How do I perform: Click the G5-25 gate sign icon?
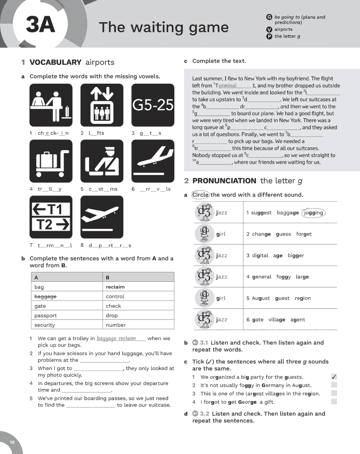pyautogui.click(x=153, y=105)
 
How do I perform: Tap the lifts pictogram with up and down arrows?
pyautogui.click(x=102, y=105)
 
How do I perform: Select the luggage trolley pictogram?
pyautogui.click(x=51, y=161)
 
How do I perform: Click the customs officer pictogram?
pyautogui.click(x=102, y=161)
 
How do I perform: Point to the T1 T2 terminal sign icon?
pyautogui.click(x=51, y=217)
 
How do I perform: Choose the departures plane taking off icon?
pyautogui.click(x=102, y=217)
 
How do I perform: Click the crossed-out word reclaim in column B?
pyautogui.click(x=115, y=287)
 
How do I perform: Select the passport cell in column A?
pyautogui.click(x=46, y=316)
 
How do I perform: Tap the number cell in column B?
pyautogui.click(x=116, y=325)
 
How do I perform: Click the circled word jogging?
pyautogui.click(x=313, y=213)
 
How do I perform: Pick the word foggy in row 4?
pyautogui.click(x=283, y=277)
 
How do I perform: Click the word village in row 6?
pyautogui.click(x=277, y=320)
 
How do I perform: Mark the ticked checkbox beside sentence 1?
pyautogui.click(x=334, y=377)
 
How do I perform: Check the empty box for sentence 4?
pyautogui.click(x=334, y=402)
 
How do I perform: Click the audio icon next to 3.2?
pyautogui.click(x=195, y=414)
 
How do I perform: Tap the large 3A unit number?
pyautogui.click(x=40, y=25)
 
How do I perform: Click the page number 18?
pyautogui.click(x=12, y=442)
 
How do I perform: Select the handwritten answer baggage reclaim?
pyautogui.click(x=116, y=338)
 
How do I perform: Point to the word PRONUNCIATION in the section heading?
pyautogui.click(x=224, y=181)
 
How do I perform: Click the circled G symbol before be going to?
pyautogui.click(x=269, y=17)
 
